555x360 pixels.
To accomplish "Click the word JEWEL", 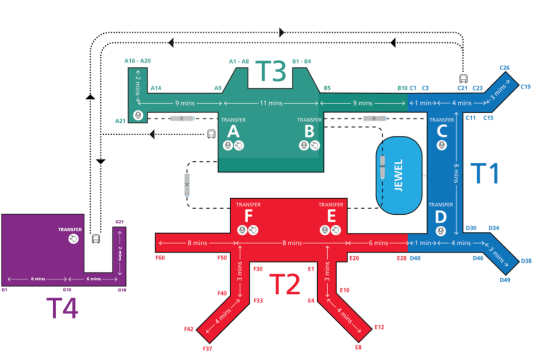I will [x=399, y=176].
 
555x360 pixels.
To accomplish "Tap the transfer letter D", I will [x=440, y=216].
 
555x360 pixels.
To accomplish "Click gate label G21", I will [x=119, y=222].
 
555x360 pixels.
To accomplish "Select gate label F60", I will [x=161, y=258].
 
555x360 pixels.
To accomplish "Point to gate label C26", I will [x=504, y=68].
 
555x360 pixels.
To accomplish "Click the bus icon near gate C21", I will [x=463, y=79].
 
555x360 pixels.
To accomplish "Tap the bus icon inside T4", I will [x=95, y=239].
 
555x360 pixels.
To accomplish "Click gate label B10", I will [x=402, y=88].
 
